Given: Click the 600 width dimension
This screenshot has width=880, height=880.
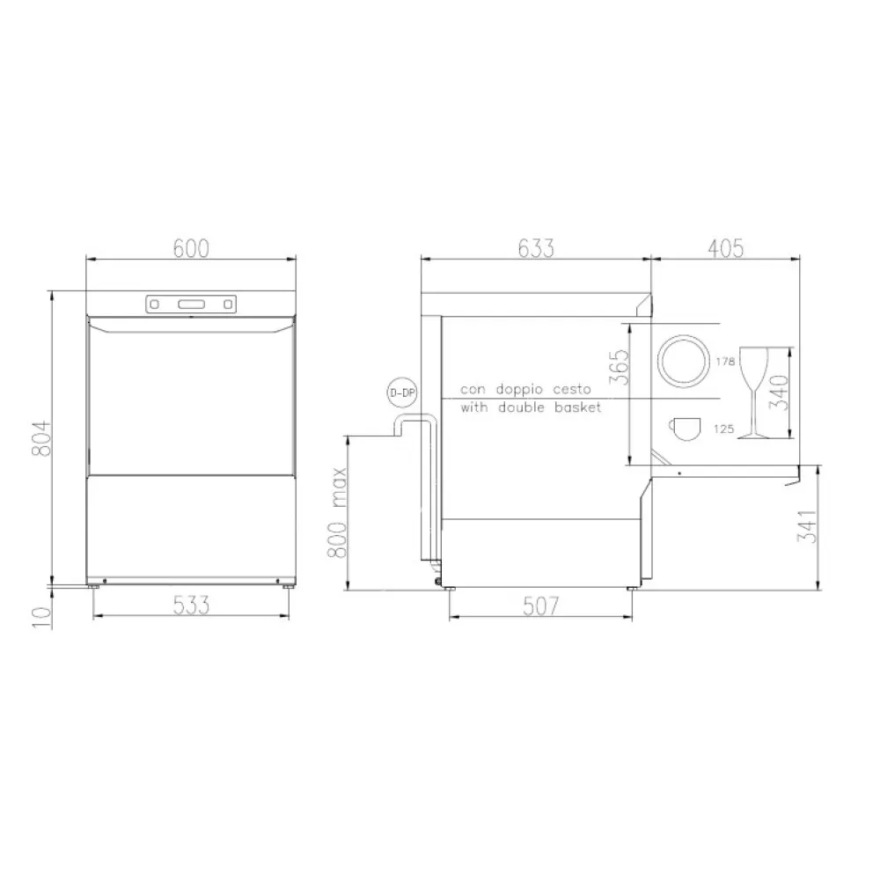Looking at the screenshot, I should click(x=191, y=248).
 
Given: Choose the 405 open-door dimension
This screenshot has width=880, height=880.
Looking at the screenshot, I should click(x=725, y=248).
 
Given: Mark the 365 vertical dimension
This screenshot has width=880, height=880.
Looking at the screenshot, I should click(x=620, y=370).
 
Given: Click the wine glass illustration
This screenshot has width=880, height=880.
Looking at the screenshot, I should click(x=753, y=392).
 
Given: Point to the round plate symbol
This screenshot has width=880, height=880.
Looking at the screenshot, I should click(x=684, y=361).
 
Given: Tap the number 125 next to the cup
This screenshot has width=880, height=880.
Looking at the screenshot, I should click(x=724, y=429).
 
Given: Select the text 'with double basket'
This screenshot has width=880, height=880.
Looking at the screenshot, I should click(x=531, y=407).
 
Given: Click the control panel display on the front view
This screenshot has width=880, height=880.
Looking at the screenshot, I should click(x=191, y=304).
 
